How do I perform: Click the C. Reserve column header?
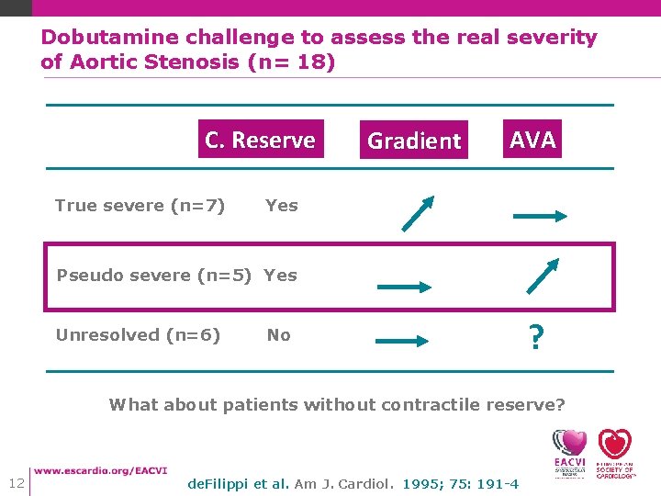(x=260, y=140)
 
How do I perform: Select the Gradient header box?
(x=413, y=141)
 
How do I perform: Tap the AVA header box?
(x=532, y=140)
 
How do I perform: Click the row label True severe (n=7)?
(x=140, y=205)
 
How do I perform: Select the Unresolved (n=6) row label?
(x=138, y=335)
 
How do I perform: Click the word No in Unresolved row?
(x=278, y=335)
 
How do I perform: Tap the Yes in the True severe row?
(x=281, y=205)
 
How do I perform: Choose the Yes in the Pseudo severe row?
(x=280, y=275)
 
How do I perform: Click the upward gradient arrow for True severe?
(x=417, y=213)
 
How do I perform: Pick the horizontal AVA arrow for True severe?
(x=541, y=217)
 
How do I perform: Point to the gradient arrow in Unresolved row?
(x=403, y=341)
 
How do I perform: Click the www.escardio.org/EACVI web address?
(x=101, y=469)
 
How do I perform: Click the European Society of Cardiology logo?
(x=615, y=453)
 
